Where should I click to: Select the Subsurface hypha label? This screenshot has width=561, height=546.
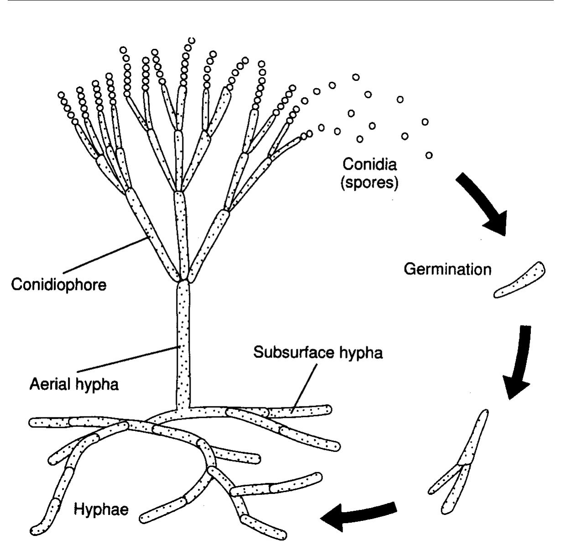(318, 352)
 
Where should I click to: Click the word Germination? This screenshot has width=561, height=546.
(448, 269)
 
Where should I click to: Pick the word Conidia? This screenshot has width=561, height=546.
(370, 164)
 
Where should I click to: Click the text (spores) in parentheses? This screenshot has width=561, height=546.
(370, 183)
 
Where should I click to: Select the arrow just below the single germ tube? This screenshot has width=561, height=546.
(518, 361)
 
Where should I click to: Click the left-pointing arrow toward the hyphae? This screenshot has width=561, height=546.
(358, 514)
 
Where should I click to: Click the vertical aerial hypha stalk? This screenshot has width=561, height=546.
(183, 342)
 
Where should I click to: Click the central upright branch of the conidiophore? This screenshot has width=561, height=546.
(181, 233)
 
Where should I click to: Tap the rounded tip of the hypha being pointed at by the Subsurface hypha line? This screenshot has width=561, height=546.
(327, 409)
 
